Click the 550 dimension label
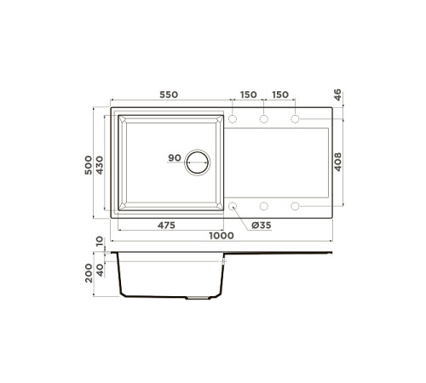click(168, 95)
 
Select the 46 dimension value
click(337, 95)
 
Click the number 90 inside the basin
click(174, 158)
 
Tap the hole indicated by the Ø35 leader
click(233, 206)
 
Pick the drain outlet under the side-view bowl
click(197, 298)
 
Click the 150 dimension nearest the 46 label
click(280, 95)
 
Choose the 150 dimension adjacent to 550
click(247, 95)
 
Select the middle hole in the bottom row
click(264, 206)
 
